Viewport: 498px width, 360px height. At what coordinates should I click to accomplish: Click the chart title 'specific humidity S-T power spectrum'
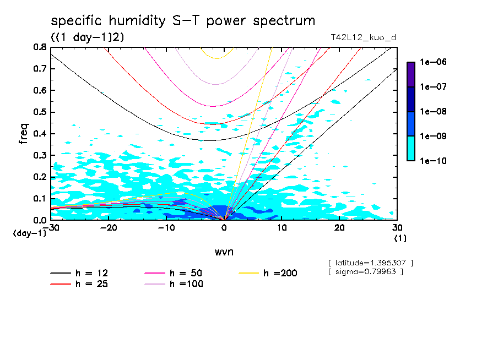[183, 21]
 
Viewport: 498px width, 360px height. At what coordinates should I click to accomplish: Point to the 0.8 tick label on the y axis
[39, 47]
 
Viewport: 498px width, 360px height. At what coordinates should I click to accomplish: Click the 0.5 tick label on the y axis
[39, 112]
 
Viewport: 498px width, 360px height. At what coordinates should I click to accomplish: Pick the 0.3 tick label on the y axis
[39, 155]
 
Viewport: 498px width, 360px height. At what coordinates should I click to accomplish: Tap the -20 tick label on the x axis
[108, 228]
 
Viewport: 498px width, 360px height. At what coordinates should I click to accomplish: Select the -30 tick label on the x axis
[50, 228]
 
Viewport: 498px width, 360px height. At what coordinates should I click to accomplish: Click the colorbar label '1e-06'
[433, 62]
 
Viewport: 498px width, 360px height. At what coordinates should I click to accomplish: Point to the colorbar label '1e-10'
[433, 161]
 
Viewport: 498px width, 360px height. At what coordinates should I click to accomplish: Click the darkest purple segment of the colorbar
[411, 74]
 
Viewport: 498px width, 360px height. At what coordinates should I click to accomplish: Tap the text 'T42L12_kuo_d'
[363, 37]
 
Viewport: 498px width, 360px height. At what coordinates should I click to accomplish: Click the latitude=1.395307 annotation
[370, 263]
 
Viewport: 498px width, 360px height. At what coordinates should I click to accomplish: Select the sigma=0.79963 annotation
[366, 271]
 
